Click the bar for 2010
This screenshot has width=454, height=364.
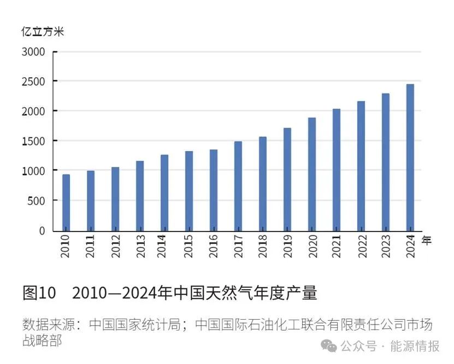coord(66,203)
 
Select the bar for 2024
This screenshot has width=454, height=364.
coord(410,158)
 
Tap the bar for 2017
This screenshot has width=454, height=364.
coord(238,186)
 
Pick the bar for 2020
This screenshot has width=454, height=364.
coord(311,174)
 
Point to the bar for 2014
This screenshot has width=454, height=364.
coord(164,193)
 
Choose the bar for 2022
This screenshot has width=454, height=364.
coord(361,166)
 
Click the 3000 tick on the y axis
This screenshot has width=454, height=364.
coord(34,52)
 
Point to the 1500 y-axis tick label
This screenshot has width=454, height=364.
coord(34,141)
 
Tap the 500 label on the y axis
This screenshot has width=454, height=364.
coord(37,201)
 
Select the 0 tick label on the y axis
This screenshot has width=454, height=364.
coord(42,230)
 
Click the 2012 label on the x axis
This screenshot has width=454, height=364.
coord(115,246)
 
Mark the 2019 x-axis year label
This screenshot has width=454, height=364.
coord(287,246)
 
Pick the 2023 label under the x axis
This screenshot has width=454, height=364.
coord(385,246)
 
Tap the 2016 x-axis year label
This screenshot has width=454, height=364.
coord(214,246)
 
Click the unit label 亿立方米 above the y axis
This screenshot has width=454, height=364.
coord(43,32)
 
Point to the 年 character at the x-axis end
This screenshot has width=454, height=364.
coord(427,239)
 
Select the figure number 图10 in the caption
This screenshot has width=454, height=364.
coord(39,293)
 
